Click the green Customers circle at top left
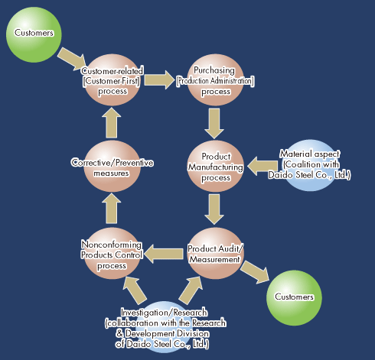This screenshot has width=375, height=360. click(x=34, y=34)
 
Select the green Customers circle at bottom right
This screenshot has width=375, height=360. click(x=294, y=298)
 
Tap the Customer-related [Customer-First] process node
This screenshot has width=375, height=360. click(x=112, y=80)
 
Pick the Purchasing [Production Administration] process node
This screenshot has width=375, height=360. click(x=216, y=80)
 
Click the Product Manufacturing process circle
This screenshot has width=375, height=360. click(x=216, y=166)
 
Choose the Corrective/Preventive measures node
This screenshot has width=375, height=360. click(x=112, y=166)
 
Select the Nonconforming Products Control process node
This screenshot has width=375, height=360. click(x=112, y=253)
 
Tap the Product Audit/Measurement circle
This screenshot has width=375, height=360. click(x=216, y=253)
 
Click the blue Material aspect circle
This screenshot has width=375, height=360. click(x=309, y=165)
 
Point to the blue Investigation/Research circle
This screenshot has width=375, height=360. click(x=165, y=327)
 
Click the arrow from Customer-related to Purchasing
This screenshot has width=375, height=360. click(x=158, y=80)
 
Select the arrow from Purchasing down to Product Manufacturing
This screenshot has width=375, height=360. click(x=214, y=124)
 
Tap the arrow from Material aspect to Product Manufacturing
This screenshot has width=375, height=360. click(x=262, y=166)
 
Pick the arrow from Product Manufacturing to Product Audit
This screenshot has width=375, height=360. click(x=214, y=209)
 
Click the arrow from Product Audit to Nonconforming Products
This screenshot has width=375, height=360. click(x=164, y=254)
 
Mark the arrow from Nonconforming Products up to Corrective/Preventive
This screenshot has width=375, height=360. click(x=112, y=209)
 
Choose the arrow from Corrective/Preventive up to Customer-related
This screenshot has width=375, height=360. click(x=112, y=123)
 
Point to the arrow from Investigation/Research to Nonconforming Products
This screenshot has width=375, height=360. click(x=135, y=290)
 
